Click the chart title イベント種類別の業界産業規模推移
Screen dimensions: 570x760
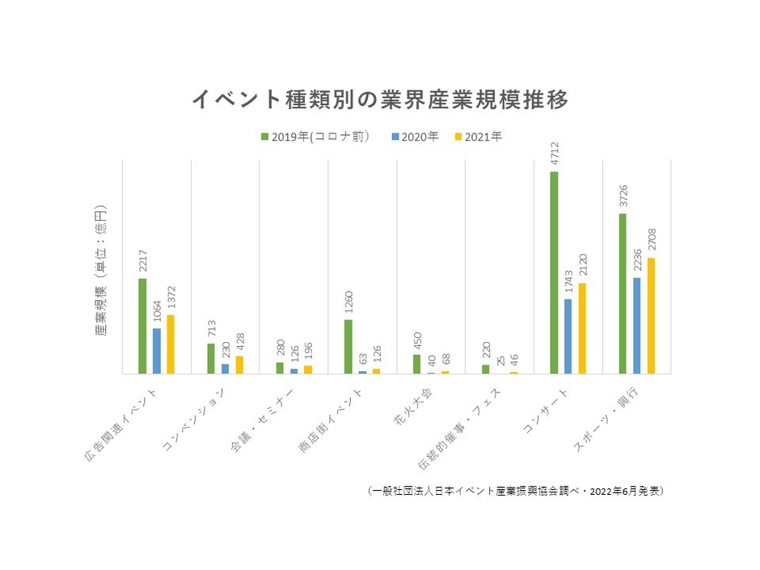tap(380, 99)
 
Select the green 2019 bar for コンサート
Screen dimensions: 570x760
tap(554, 272)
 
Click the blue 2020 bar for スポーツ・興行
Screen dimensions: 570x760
tap(636, 325)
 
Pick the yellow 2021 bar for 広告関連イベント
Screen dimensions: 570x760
tap(171, 344)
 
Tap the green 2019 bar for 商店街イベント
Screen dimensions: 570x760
tap(348, 346)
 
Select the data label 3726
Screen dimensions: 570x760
tap(623, 196)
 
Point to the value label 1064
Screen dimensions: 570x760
tap(158, 311)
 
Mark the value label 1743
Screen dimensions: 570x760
tap(568, 282)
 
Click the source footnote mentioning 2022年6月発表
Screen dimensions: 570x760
tap(515, 491)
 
